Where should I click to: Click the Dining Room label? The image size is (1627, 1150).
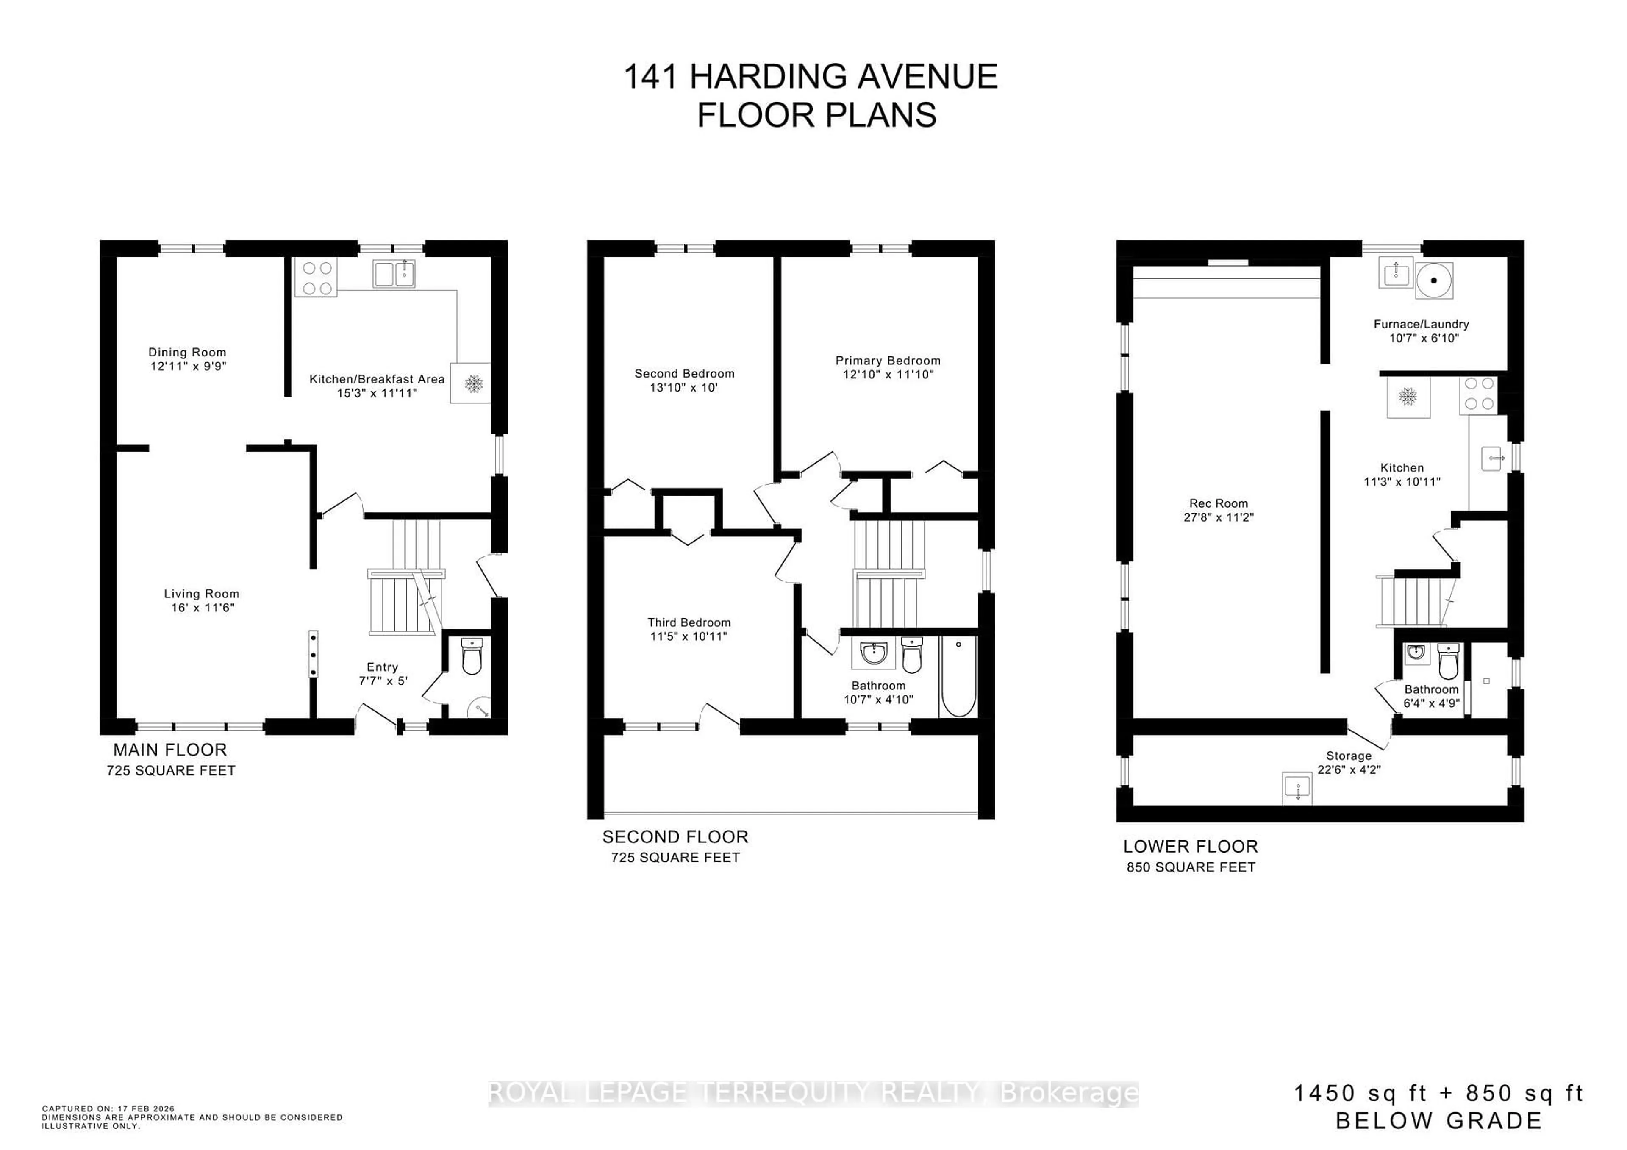click(187, 352)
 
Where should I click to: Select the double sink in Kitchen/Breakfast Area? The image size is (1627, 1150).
click(394, 273)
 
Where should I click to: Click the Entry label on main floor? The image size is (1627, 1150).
click(382, 667)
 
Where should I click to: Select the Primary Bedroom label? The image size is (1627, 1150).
click(888, 361)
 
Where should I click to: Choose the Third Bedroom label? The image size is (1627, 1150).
click(689, 622)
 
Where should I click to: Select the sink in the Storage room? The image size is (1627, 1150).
click(1297, 787)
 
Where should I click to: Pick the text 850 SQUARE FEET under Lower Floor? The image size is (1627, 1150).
click(1191, 867)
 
